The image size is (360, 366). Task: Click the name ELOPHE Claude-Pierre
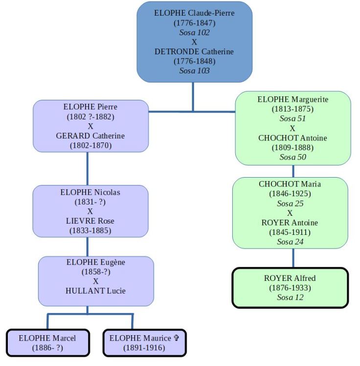(x=194, y=13)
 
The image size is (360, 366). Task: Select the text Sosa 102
(x=194, y=32)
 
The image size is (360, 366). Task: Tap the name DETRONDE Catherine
(x=194, y=51)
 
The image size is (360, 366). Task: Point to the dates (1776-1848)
(x=194, y=61)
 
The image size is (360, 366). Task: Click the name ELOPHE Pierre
(x=90, y=107)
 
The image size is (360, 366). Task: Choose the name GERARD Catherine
(x=90, y=136)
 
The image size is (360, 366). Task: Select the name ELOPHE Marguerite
(x=292, y=99)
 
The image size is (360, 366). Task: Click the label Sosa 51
(x=292, y=118)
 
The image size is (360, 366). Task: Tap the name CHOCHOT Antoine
(x=292, y=138)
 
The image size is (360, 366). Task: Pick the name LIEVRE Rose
(x=90, y=221)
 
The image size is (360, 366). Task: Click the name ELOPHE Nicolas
(x=90, y=192)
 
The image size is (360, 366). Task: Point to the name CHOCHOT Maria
(x=290, y=184)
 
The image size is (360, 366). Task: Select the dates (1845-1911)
(x=290, y=232)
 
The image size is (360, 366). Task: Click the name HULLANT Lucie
(x=96, y=291)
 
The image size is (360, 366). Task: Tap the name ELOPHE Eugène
(x=96, y=262)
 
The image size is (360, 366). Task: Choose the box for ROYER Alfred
(x=290, y=288)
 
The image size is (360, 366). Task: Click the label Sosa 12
(x=290, y=297)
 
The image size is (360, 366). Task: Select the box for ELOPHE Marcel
(x=47, y=343)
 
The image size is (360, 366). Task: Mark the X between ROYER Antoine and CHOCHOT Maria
(x=290, y=213)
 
